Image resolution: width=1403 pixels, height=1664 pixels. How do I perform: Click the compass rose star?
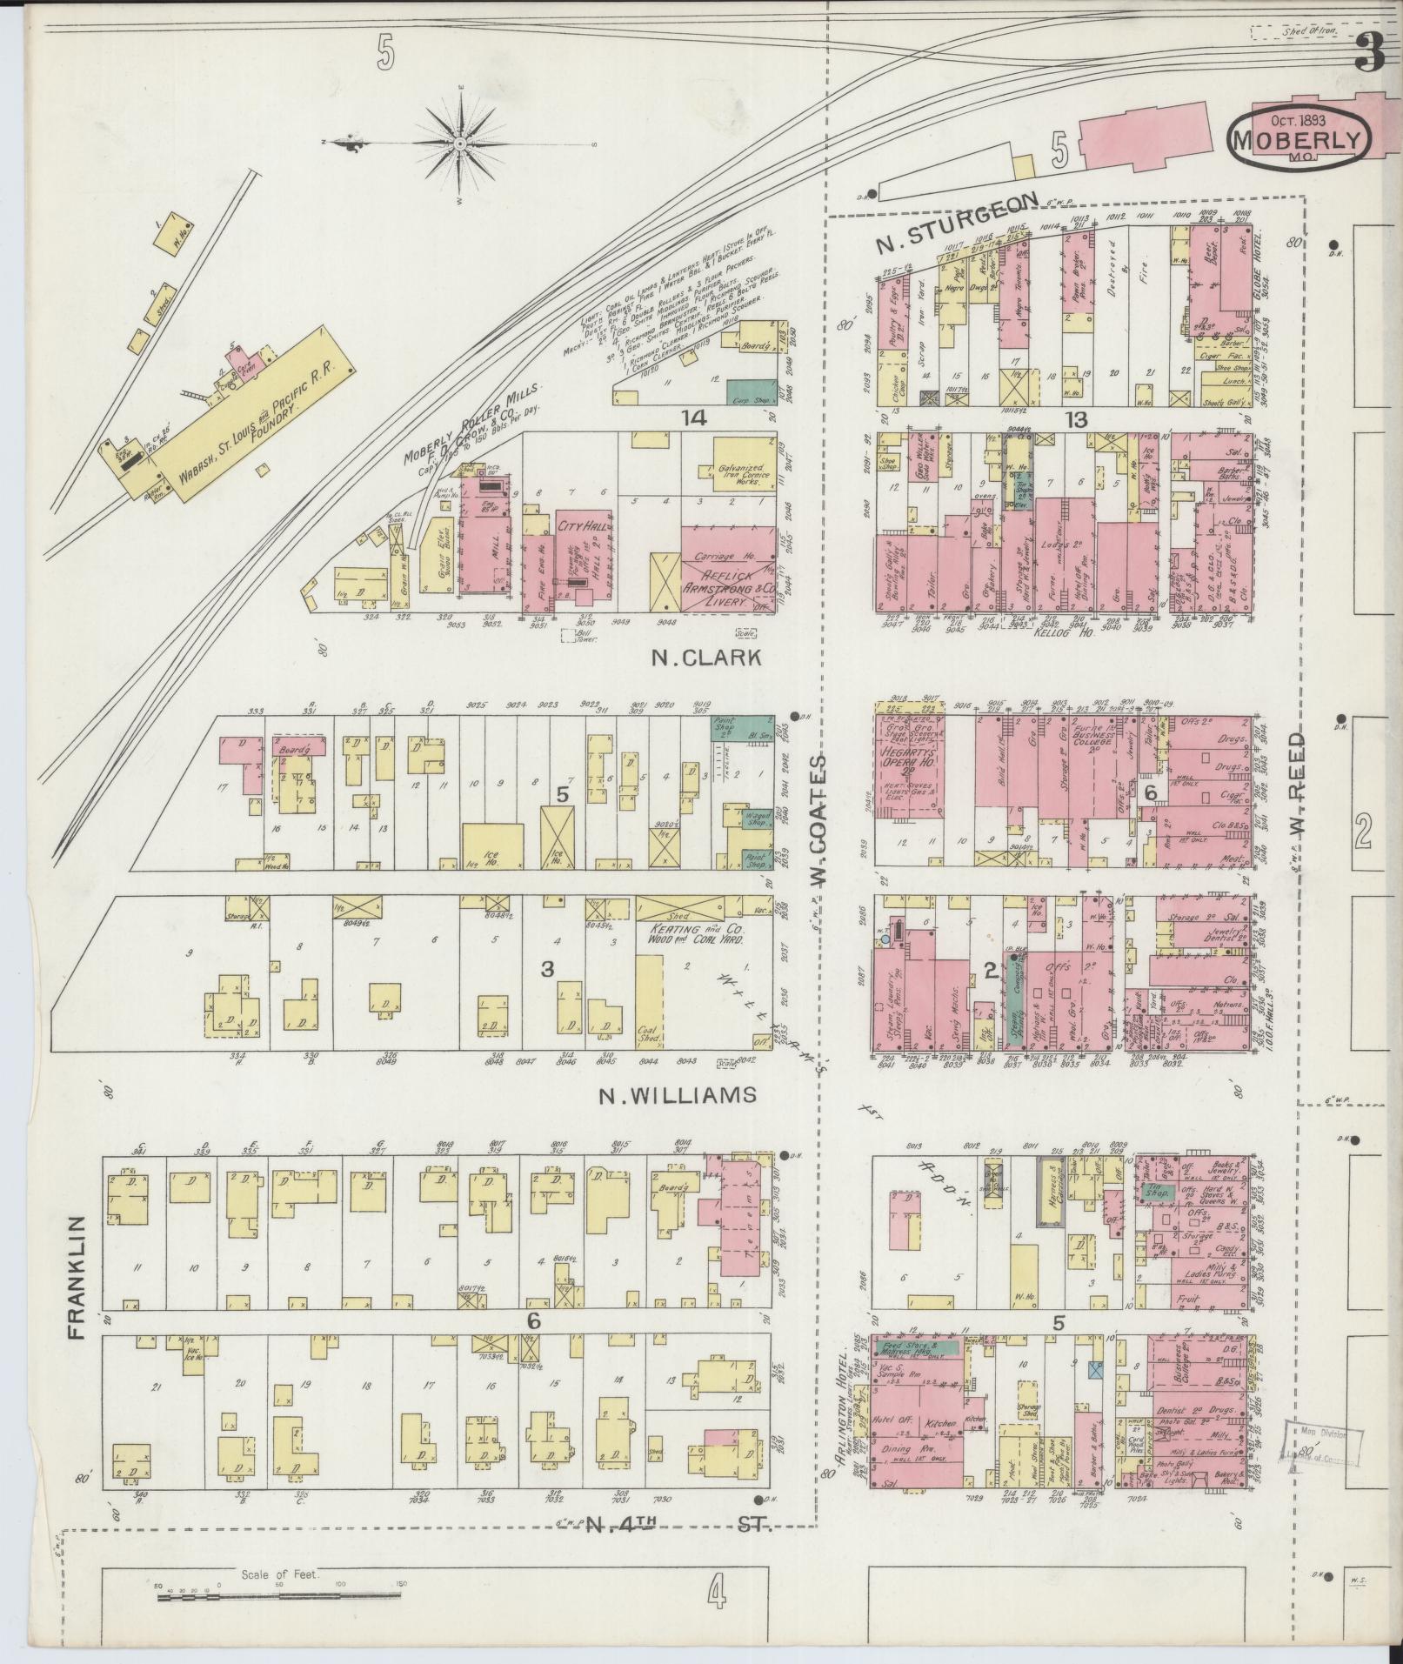click(x=460, y=142)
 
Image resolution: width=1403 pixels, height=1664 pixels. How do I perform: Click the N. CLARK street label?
click(x=706, y=658)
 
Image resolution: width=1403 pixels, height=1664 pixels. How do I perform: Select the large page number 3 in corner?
click(x=1369, y=55)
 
